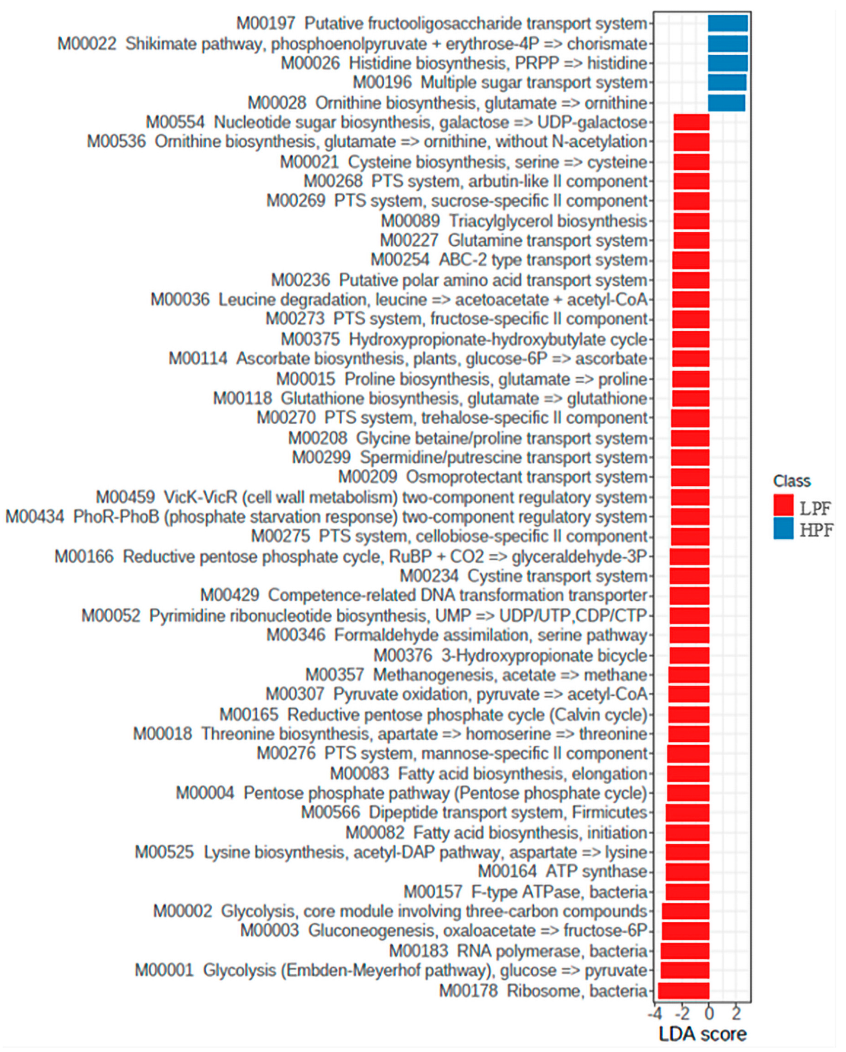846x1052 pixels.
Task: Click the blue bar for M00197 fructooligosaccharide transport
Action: [728, 24]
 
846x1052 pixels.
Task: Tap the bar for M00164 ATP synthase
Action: [687, 871]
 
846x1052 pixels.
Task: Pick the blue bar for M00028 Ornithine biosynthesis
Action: [727, 103]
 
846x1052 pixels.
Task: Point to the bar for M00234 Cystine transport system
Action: [689, 576]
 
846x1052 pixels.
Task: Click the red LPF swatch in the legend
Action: [783, 505]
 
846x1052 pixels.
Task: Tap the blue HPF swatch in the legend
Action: [783, 529]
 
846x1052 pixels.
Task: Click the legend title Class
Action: [791, 481]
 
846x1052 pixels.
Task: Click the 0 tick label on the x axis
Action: [709, 1013]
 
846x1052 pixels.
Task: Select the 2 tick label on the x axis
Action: [736, 1013]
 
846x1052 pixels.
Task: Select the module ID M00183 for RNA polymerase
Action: [418, 951]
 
